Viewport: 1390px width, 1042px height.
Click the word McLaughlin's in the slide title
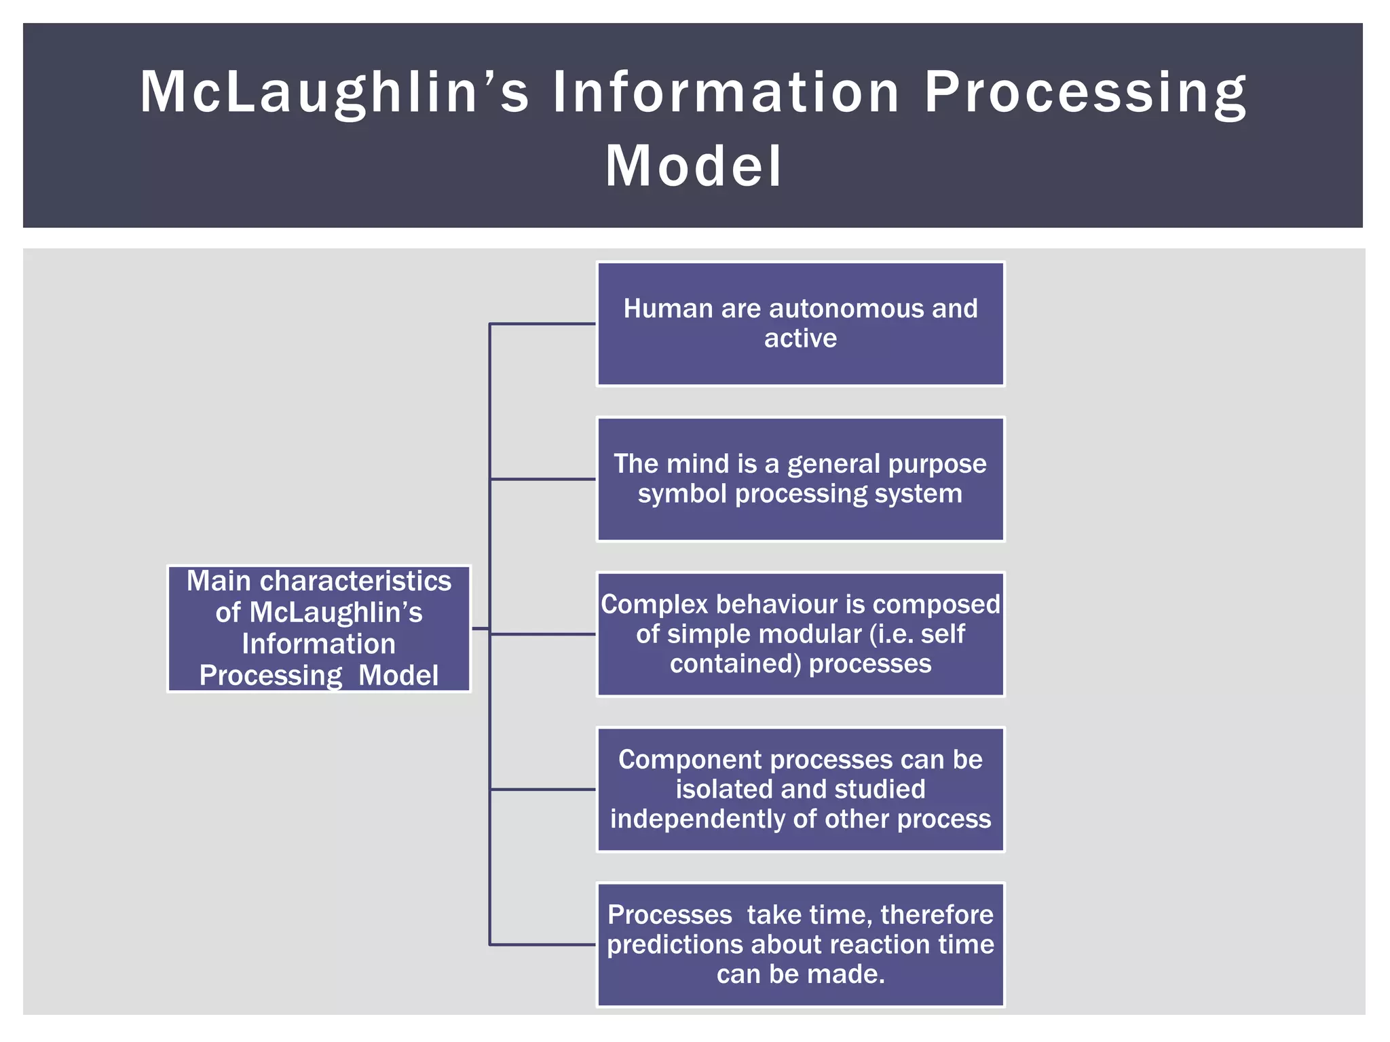pos(333,92)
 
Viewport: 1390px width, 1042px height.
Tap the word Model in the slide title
pos(694,166)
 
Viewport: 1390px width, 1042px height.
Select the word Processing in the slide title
pos(1085,92)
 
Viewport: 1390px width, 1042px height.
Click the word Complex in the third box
pos(654,604)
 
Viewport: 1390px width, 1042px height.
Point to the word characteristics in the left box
pos(356,581)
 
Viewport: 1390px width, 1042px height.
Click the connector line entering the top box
pos(542,324)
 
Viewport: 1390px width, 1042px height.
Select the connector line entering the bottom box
pos(542,944)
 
